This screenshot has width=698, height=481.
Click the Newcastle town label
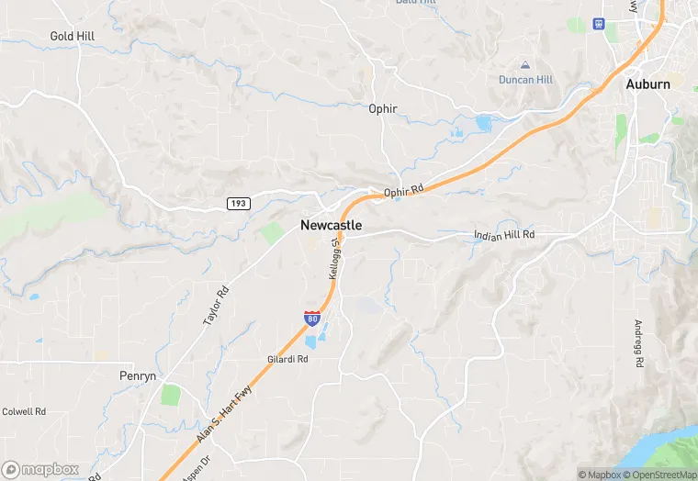[331, 225]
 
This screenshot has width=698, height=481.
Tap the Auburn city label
[647, 84]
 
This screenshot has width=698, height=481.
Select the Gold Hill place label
[73, 36]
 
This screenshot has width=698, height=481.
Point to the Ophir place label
[382, 108]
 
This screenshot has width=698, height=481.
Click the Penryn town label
[140, 375]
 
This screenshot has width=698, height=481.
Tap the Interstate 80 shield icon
[312, 319]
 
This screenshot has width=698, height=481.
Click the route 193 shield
[239, 204]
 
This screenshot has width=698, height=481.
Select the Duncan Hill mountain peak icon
[525, 65]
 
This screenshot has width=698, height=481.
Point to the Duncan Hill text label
[525, 80]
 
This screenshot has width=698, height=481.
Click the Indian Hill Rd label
[503, 235]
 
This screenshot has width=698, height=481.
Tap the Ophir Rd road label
[404, 192]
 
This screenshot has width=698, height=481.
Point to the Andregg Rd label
[636, 343]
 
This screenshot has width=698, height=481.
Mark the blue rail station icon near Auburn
[600, 24]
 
